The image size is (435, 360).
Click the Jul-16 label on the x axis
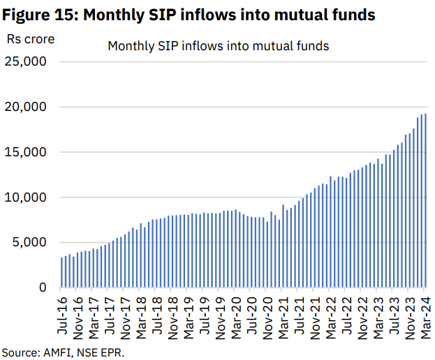coord(63,314)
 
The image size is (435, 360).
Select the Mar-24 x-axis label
coord(425,314)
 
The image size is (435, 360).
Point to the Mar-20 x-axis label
coord(235,314)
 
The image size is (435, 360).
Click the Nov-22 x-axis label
coord(362,314)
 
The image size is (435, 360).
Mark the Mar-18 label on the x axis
coord(141,314)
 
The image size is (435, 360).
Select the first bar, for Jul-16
coord(61,273)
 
